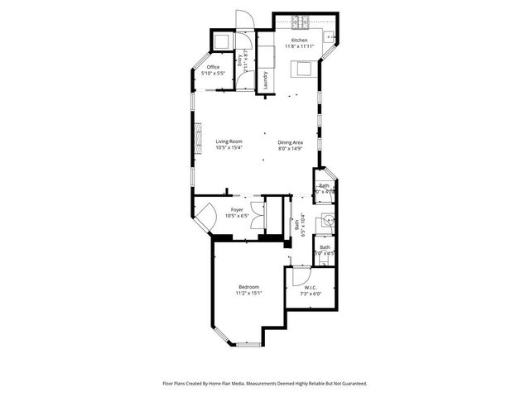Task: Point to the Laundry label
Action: pos(265,80)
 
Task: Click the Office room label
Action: pos(213,67)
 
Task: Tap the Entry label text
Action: pos(240,59)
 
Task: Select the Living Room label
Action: pos(229,141)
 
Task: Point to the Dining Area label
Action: pos(290,141)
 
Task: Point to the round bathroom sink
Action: pos(329,220)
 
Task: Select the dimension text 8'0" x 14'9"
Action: pos(290,148)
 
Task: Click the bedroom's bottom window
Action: pos(247,342)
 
